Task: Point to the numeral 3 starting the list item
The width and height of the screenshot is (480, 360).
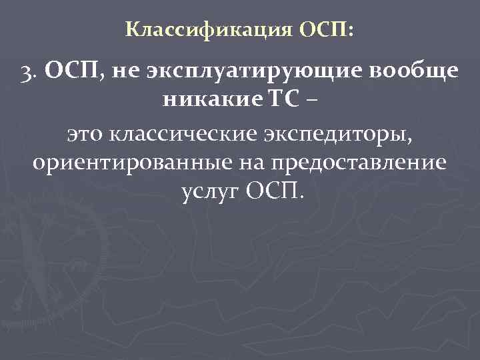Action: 28,74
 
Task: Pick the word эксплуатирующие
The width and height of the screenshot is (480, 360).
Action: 249,75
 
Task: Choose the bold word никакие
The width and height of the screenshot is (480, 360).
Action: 204,103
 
